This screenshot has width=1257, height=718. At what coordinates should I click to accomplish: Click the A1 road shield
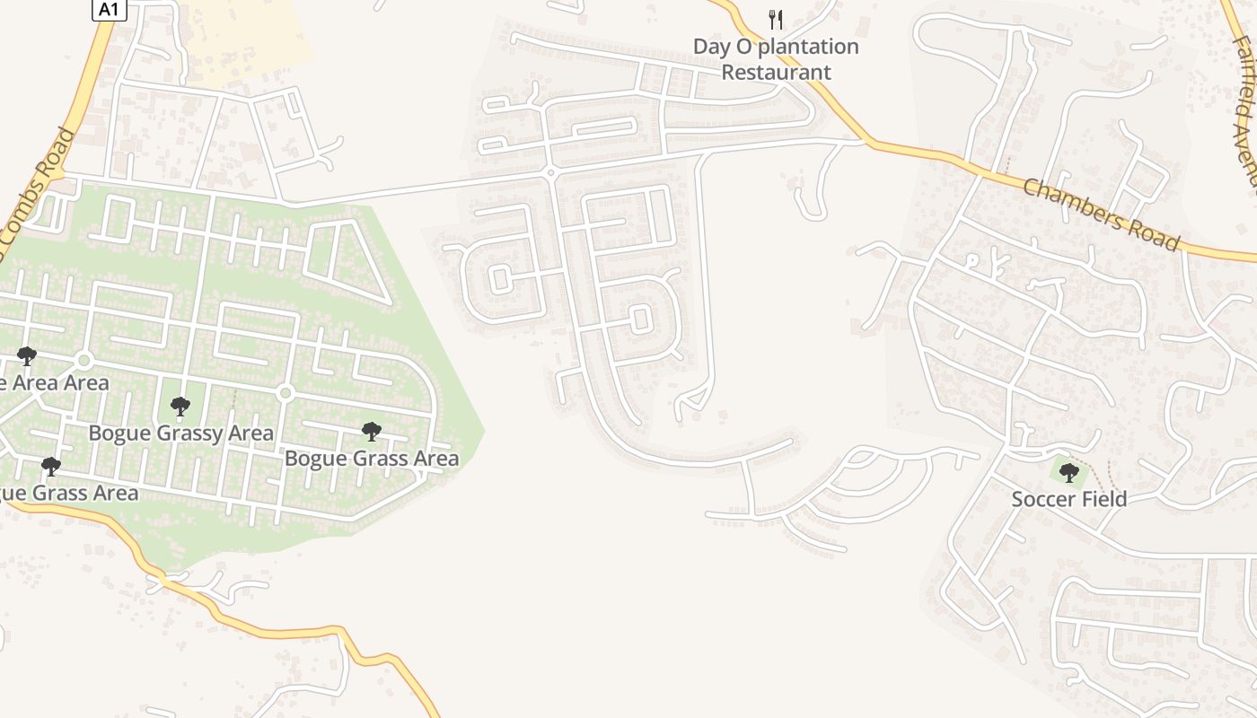tap(107, 9)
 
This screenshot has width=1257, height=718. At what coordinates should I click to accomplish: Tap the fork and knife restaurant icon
tap(776, 19)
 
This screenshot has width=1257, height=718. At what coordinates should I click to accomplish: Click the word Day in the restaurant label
tap(712, 47)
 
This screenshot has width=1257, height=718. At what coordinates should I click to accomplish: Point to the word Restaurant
tap(777, 72)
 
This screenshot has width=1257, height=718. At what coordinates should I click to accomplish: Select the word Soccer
tap(1042, 499)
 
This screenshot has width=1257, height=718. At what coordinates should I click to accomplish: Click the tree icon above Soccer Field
tap(1068, 472)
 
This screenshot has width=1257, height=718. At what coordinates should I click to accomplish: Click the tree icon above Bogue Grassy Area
tap(180, 407)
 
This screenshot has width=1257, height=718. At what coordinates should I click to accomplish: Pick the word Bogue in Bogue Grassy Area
tap(119, 433)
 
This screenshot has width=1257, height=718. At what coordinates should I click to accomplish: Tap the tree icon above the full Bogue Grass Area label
tap(371, 432)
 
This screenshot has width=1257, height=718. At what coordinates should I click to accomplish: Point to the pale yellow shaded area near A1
tap(247, 40)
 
